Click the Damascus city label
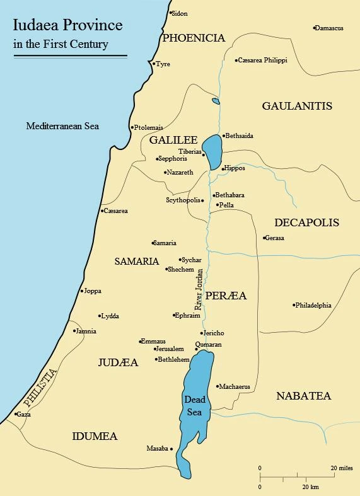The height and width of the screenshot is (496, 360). tap(330, 28)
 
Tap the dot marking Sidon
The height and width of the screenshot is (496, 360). tap(170, 13)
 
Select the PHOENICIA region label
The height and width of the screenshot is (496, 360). tap(193, 38)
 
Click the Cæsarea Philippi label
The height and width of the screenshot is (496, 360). tap(263, 61)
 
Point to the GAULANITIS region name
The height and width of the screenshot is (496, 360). tap(296, 106)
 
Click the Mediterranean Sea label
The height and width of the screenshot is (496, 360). tap(62, 126)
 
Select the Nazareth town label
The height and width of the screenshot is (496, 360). tap(180, 172)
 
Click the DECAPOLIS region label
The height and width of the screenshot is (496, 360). tap(306, 222)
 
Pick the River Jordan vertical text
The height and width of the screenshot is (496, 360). tap(199, 287)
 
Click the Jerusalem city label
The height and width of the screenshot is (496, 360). tap(170, 349)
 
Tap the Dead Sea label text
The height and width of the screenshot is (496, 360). tap(194, 405)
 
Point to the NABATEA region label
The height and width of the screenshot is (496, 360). tap(303, 396)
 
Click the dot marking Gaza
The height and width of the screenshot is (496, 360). tap(15, 415)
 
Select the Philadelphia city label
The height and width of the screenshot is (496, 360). tap(314, 306)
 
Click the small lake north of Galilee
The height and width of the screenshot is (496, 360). tap(216, 101)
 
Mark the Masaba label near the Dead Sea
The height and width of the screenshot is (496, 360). tap(157, 449)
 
